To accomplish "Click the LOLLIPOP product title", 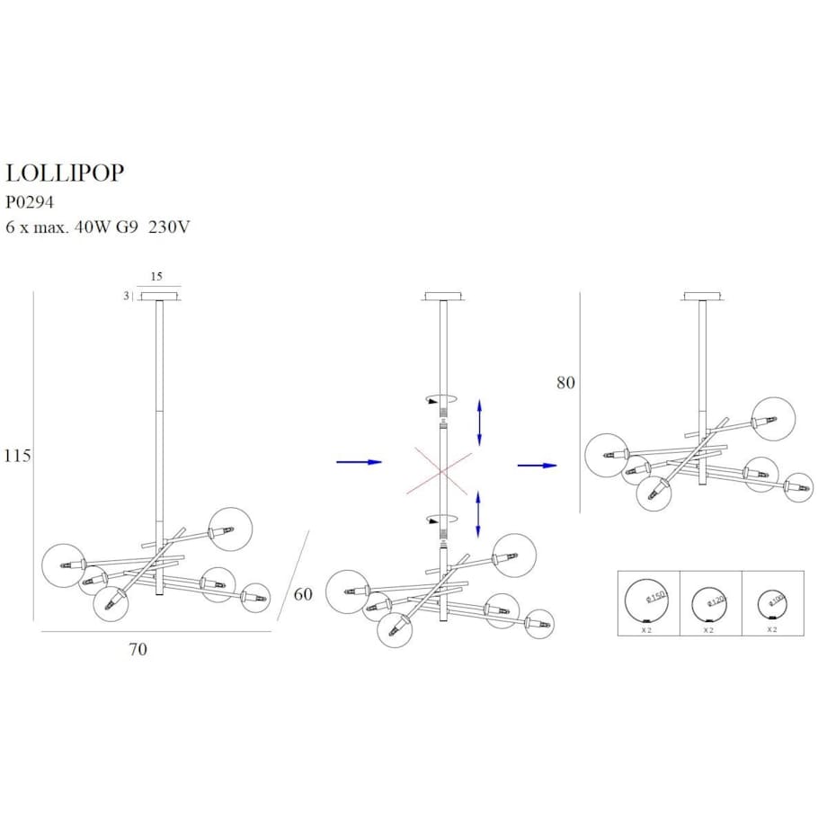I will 65,173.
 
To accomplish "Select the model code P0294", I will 31,202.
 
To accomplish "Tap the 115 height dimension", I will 17,456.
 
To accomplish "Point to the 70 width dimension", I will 138,649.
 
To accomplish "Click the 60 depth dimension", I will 303,594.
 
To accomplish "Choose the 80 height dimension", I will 565,383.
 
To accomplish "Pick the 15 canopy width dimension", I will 156,277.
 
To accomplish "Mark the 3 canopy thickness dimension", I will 126,296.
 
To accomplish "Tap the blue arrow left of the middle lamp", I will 359,462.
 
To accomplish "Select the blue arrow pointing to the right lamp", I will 537,466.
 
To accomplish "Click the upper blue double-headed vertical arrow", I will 479,422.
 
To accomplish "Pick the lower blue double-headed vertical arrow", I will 477,514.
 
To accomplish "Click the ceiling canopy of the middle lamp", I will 442,297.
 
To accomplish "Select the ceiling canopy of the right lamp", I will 703,297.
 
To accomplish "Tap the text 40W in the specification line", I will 98,227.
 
